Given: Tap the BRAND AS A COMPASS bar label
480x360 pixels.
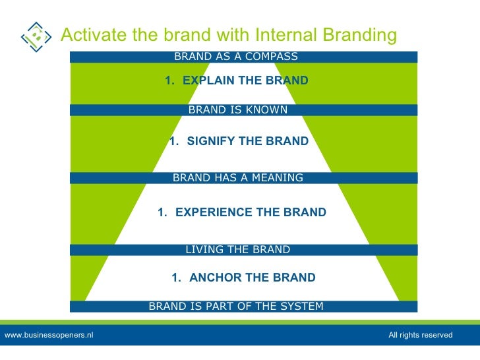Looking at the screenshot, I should [236, 57].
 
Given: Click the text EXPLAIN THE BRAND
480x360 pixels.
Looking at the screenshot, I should [245, 81].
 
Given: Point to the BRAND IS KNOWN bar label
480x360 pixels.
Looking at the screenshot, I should [238, 110].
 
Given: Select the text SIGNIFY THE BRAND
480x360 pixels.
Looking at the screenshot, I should [247, 141].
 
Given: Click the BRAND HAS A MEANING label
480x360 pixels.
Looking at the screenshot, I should [237, 178].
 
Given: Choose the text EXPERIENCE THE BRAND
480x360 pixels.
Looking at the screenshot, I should [251, 212].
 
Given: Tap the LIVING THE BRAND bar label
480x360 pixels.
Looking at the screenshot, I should [237, 250].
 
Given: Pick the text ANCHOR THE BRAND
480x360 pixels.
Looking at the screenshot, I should [252, 278].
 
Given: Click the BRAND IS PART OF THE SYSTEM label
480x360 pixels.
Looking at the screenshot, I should [236, 307].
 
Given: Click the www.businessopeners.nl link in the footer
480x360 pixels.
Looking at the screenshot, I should [49, 336].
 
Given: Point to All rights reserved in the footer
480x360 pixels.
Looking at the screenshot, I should [420, 336].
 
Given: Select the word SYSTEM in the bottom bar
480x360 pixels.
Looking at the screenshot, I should [302, 307].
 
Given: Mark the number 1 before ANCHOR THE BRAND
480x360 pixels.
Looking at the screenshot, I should [175, 278].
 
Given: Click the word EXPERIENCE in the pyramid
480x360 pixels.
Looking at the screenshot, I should [210, 212].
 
